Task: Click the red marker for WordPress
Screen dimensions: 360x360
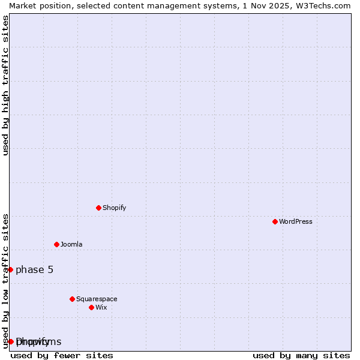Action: coord(275,221)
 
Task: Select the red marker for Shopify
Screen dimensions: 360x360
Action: coord(98,208)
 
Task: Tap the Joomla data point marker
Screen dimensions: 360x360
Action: coord(56,244)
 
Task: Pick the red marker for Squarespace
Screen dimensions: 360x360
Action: coord(72,299)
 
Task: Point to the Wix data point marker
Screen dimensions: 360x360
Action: coord(91,307)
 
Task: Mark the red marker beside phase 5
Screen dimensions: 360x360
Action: coord(10,269)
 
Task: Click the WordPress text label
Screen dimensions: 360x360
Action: coord(296,221)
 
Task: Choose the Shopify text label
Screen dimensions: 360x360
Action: coord(115,208)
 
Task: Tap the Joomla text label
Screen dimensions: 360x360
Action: coord(71,244)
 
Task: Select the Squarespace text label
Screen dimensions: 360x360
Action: coord(97,299)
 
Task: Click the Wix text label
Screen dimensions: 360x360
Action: coord(101,307)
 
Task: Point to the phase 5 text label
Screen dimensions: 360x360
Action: coord(35,269)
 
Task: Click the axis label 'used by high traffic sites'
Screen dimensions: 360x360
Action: coord(5,85)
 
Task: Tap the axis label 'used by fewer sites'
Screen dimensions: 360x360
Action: coord(62,355)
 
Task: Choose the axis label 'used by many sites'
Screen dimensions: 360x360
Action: coord(301,355)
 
